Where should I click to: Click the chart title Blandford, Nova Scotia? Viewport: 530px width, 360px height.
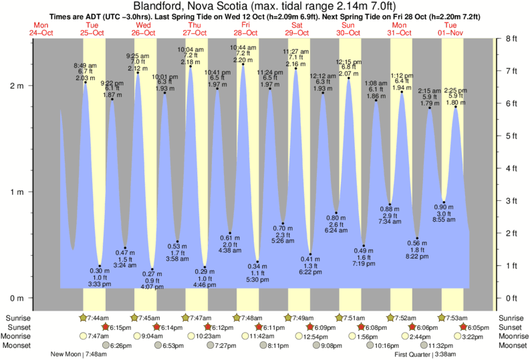tap(265, 7)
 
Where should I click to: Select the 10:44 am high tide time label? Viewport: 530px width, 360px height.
tap(243, 48)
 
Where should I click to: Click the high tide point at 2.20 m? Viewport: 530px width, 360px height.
tap(243, 65)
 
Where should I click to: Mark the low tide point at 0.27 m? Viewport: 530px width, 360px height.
tap(152, 269)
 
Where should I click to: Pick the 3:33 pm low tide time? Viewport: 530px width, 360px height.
tap(100, 284)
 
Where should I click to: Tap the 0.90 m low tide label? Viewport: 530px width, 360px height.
tap(444, 206)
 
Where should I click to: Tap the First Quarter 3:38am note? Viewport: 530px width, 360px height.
tap(426, 354)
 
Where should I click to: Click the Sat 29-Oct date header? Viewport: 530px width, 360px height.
tap(296, 29)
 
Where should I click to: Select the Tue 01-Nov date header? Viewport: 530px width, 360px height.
tap(450, 29)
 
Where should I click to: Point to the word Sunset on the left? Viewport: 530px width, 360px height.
tap(17, 327)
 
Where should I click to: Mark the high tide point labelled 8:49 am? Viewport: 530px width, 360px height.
tap(85, 83)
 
